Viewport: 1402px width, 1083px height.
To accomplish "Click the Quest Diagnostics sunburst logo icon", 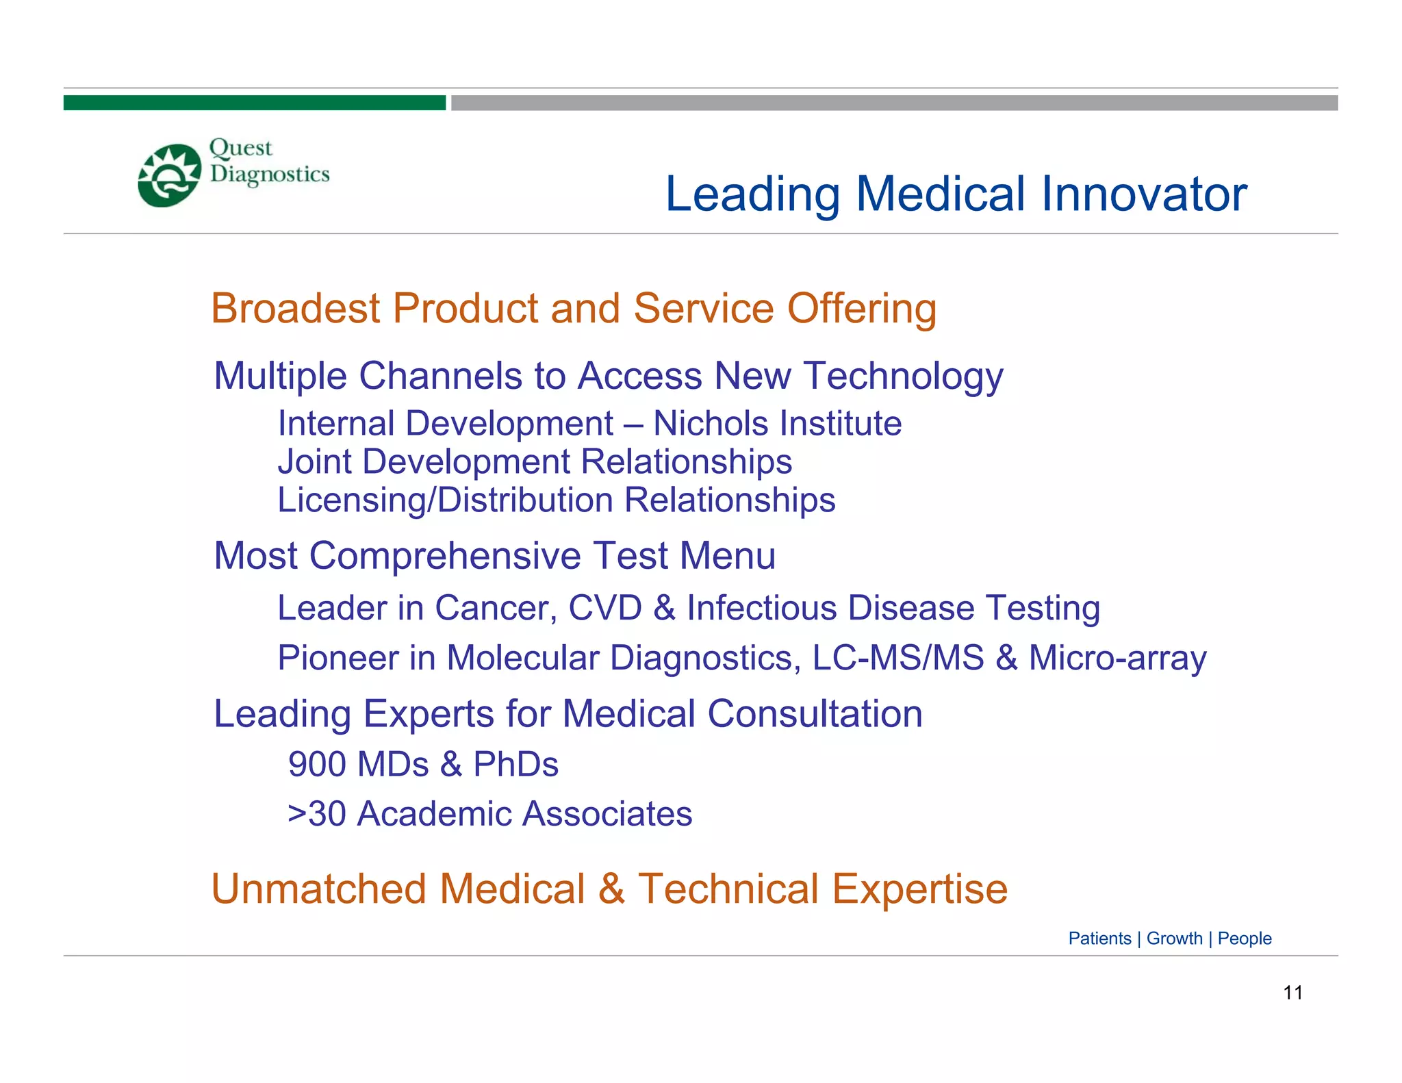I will pos(170,175).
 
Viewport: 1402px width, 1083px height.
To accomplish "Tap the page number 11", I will pos(1292,993).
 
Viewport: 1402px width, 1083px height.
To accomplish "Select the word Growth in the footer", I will pos(1174,939).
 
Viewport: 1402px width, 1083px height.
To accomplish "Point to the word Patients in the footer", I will pos(1099,939).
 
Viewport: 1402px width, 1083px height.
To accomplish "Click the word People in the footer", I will pos(1244,939).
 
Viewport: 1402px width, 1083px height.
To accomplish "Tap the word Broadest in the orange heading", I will pos(295,308).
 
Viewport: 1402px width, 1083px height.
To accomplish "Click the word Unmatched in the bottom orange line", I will pos(319,889).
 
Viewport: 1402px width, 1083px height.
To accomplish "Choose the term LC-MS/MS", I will pos(897,658).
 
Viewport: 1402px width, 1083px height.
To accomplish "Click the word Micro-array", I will pos(1117,658).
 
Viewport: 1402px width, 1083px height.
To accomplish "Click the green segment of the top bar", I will pos(254,103).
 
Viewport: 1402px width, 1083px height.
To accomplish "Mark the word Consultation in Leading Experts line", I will pos(815,714).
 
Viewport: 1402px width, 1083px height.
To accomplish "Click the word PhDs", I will pos(515,764).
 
